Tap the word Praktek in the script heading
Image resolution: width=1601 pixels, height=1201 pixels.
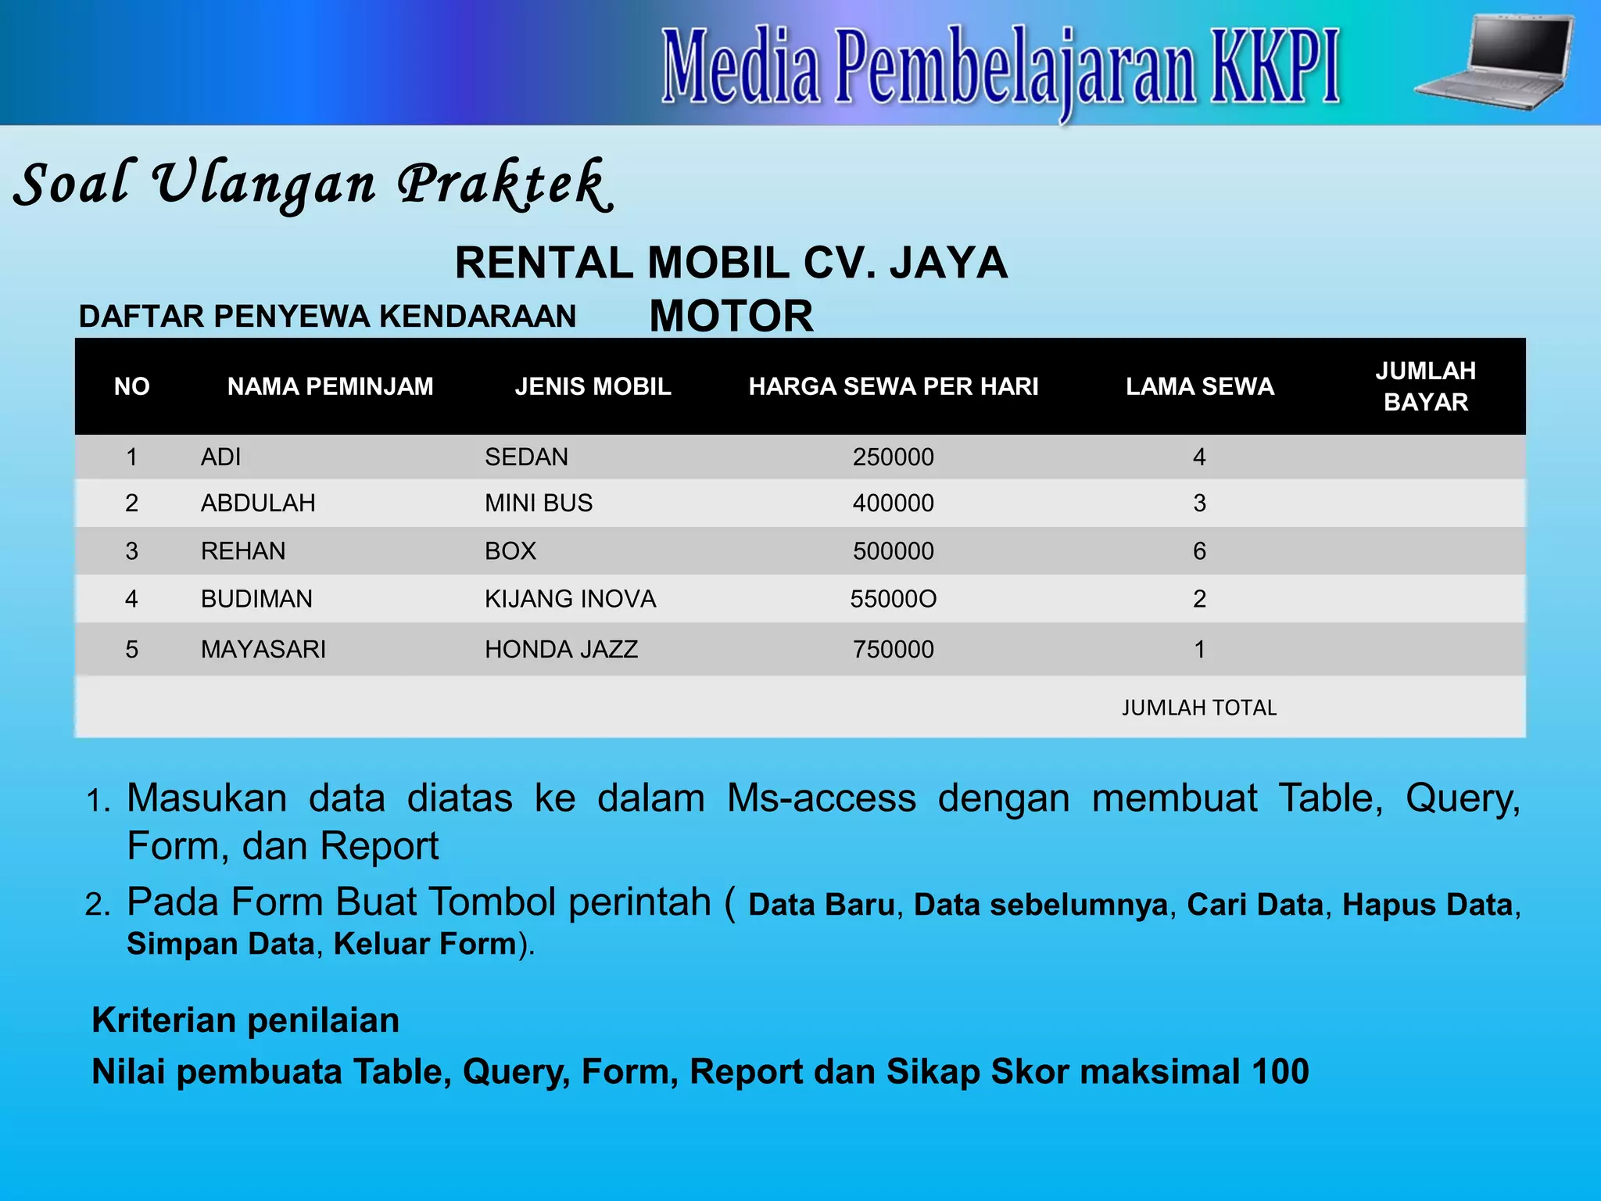(x=503, y=185)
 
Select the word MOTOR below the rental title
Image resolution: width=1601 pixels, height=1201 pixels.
(x=731, y=316)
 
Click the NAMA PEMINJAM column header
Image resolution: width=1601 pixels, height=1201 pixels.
(x=330, y=386)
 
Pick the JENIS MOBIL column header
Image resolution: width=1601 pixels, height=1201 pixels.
(x=593, y=386)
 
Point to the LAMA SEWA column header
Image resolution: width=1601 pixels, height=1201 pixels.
(x=1199, y=386)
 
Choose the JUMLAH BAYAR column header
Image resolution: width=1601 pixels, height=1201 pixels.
(x=1425, y=386)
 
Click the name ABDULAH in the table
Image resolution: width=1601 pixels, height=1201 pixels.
(x=258, y=503)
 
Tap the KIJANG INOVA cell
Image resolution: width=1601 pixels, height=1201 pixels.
(x=570, y=599)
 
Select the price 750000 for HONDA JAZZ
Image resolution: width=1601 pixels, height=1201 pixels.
(x=893, y=649)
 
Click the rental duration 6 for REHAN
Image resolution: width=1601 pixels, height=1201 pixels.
(x=1199, y=551)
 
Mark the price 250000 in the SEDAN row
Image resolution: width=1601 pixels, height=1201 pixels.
(x=893, y=457)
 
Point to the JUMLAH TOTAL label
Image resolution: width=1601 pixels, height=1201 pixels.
(x=1198, y=708)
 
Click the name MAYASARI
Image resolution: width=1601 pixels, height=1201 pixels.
(x=263, y=649)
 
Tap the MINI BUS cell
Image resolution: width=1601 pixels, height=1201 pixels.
(x=539, y=503)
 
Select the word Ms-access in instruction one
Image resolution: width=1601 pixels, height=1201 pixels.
(x=821, y=798)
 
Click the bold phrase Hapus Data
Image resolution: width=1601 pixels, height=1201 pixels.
(x=1427, y=905)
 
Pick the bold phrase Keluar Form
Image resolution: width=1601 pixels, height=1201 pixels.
(x=425, y=944)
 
